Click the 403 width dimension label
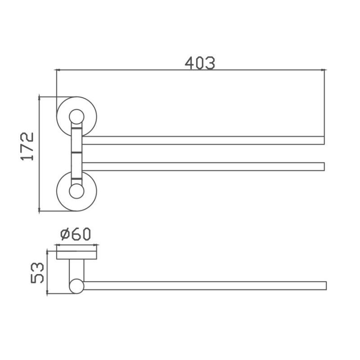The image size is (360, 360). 200,63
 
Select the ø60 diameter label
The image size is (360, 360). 76,234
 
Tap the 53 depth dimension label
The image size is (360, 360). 37,273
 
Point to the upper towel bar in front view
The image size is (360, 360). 202,140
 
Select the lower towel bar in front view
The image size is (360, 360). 202,166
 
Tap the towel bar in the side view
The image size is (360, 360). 202,286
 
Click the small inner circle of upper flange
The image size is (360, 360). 76,117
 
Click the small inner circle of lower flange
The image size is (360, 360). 76,191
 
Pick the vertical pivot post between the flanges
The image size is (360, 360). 76,153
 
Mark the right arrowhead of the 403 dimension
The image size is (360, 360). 323,70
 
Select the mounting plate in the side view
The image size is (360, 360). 76,255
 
